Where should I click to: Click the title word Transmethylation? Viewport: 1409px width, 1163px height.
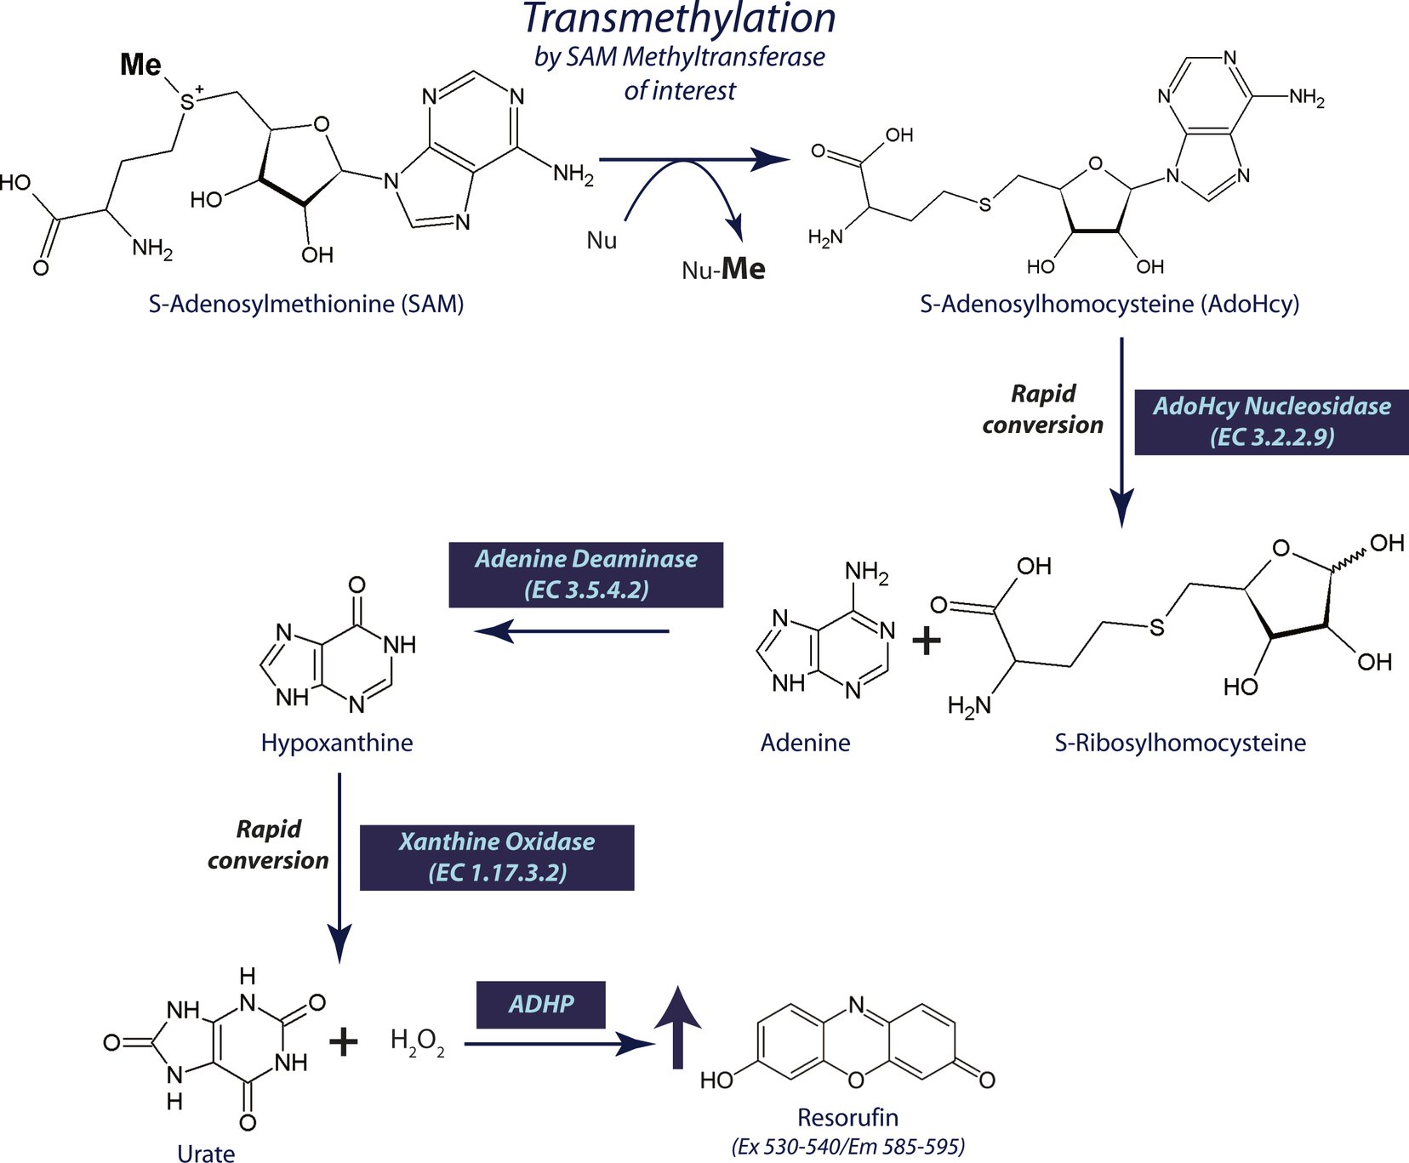pyautogui.click(x=679, y=19)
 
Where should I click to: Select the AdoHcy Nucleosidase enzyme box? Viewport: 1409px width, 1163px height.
pyautogui.click(x=1271, y=421)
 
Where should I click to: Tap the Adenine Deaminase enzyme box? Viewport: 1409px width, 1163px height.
pyautogui.click(x=585, y=574)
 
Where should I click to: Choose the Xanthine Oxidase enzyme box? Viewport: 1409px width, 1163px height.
pyautogui.click(x=497, y=857)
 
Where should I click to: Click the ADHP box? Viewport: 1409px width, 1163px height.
pyautogui.click(x=540, y=1004)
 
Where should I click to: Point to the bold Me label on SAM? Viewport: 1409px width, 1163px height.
pyautogui.click(x=140, y=65)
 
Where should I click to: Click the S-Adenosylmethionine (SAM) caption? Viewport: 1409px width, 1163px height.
pyautogui.click(x=306, y=304)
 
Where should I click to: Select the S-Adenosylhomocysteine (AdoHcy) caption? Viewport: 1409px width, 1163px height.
pyautogui.click(x=1110, y=304)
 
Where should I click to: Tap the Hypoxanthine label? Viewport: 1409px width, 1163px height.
pyautogui.click(x=337, y=743)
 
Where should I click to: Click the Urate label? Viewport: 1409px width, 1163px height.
pyautogui.click(x=206, y=1153)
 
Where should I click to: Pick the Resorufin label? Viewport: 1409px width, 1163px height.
pyautogui.click(x=847, y=1117)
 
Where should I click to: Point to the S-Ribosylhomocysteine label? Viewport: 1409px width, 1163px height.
pyautogui.click(x=1180, y=743)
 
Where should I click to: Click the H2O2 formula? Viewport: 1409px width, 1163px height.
pyautogui.click(x=417, y=1041)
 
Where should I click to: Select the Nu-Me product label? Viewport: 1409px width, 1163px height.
pyautogui.click(x=723, y=270)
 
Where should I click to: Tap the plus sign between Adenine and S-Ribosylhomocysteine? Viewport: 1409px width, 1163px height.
pyautogui.click(x=926, y=640)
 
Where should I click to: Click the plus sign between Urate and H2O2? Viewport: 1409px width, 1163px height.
pyautogui.click(x=343, y=1041)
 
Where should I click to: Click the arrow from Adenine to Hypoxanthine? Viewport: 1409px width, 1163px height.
pyautogui.click(x=572, y=631)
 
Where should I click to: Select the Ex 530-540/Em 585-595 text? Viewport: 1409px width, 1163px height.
pyautogui.click(x=847, y=1147)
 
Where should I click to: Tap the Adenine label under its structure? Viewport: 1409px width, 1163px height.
pyautogui.click(x=805, y=743)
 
